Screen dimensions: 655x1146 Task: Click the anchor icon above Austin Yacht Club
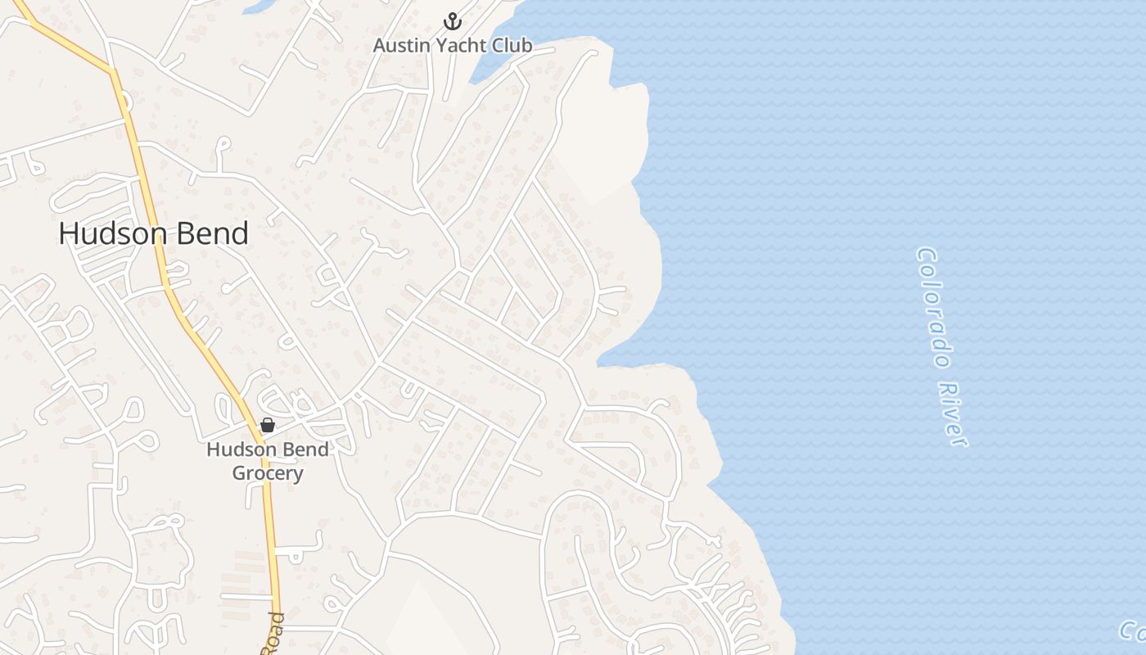click(x=453, y=21)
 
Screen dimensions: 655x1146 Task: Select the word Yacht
click(x=461, y=46)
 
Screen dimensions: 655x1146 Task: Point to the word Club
click(x=514, y=46)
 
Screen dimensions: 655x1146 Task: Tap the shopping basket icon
click(x=267, y=425)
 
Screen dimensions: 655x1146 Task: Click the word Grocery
click(x=268, y=473)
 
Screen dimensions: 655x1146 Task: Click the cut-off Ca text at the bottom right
click(x=1133, y=630)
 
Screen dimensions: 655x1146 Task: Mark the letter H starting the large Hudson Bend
click(x=68, y=234)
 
